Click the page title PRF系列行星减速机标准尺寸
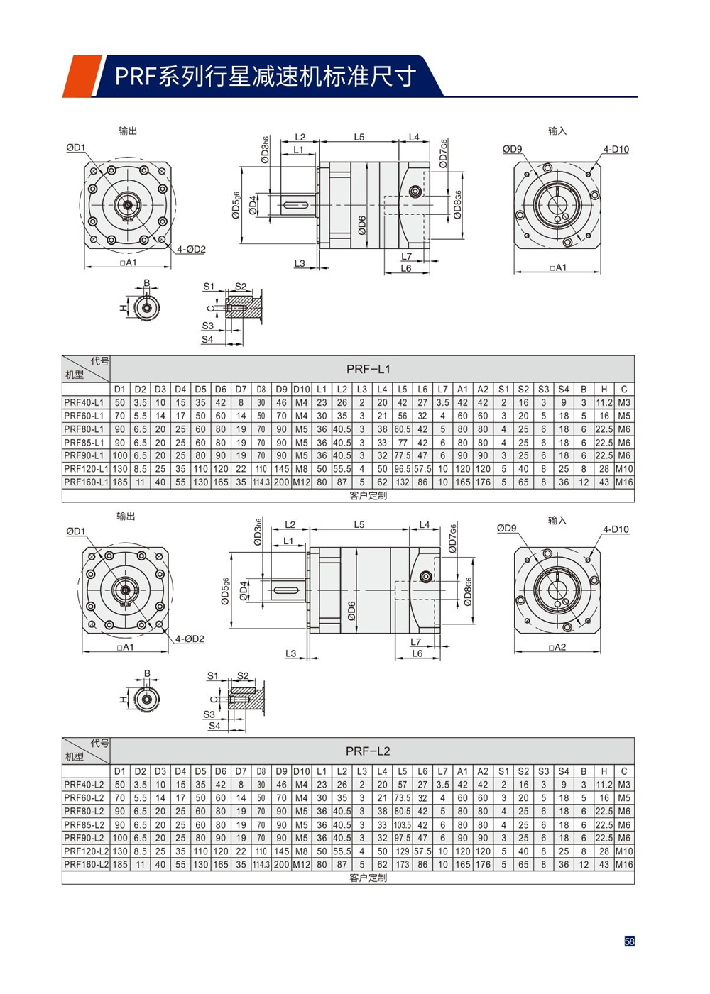[x=265, y=76]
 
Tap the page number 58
[x=629, y=941]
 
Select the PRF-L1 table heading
[x=368, y=369]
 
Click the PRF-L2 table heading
[x=368, y=751]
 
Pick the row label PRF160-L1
[x=85, y=482]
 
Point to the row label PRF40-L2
[x=84, y=785]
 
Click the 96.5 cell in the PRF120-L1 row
[x=403, y=469]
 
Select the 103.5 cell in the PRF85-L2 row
[x=403, y=825]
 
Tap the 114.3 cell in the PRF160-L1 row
[x=261, y=482]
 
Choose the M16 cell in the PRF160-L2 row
[x=624, y=865]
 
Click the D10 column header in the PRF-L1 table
[x=302, y=390]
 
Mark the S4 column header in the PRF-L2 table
[x=564, y=771]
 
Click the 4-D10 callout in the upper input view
[x=616, y=150]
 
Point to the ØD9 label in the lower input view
[x=506, y=528]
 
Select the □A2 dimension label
[x=557, y=647]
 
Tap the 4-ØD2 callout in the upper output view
[x=191, y=250]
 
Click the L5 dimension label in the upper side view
[x=359, y=137]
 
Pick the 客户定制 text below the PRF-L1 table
[x=368, y=496]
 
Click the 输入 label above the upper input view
[x=557, y=131]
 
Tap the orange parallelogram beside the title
[x=82, y=76]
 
